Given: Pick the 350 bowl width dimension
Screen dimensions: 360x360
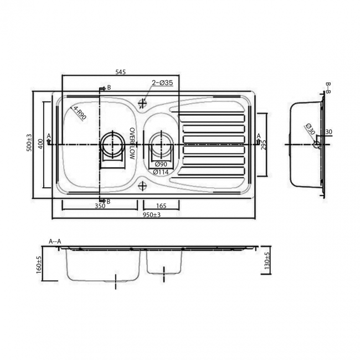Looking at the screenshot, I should click(100, 206).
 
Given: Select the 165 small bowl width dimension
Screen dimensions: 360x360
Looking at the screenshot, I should click(161, 206).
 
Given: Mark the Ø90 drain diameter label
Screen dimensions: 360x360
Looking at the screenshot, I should click(161, 164).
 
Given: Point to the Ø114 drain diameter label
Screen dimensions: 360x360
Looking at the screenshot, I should click(161, 172).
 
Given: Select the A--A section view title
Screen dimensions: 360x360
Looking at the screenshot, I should click(55, 241).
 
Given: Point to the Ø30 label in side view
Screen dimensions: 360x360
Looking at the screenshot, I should click(308, 131).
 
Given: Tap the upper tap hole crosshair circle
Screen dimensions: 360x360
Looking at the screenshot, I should click(143, 103).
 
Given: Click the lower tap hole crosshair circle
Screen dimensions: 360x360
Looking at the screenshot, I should click(143, 186).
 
